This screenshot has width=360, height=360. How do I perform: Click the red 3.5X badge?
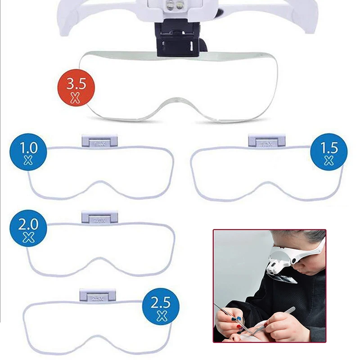(x=76, y=88)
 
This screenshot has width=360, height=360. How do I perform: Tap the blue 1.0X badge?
(x=28, y=153)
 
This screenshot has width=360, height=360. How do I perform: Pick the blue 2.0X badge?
(x=28, y=230)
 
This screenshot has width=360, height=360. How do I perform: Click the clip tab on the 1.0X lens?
(x=99, y=140)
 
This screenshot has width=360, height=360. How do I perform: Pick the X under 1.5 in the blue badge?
(x=328, y=161)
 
